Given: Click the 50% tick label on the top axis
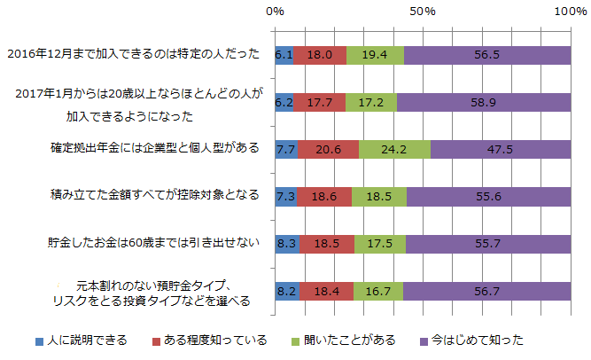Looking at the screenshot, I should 423,12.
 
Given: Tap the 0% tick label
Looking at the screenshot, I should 276,12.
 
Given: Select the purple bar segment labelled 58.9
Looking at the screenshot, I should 484,102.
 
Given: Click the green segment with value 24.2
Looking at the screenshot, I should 394,149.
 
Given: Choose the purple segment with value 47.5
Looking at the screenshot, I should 501,149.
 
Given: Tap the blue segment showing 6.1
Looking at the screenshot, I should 284,55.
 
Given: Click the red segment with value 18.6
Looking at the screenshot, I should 324,195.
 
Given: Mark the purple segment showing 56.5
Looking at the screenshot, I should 487,55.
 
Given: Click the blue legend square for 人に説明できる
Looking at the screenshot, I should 40,340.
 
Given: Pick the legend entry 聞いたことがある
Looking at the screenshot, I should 346,340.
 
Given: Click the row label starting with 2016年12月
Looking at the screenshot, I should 133,54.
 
